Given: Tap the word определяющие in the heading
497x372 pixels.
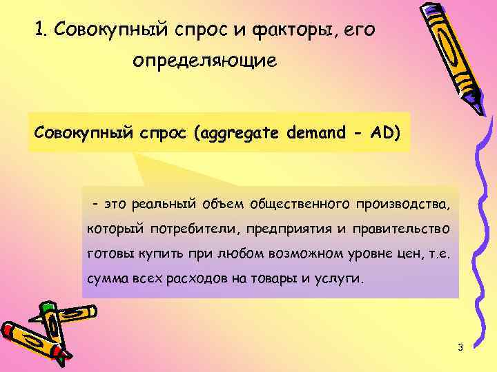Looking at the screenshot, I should (x=205, y=61).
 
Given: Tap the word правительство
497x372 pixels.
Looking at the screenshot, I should (x=401, y=229).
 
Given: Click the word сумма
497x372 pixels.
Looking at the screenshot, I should (x=106, y=280).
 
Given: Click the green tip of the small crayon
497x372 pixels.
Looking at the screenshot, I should (x=47, y=306).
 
